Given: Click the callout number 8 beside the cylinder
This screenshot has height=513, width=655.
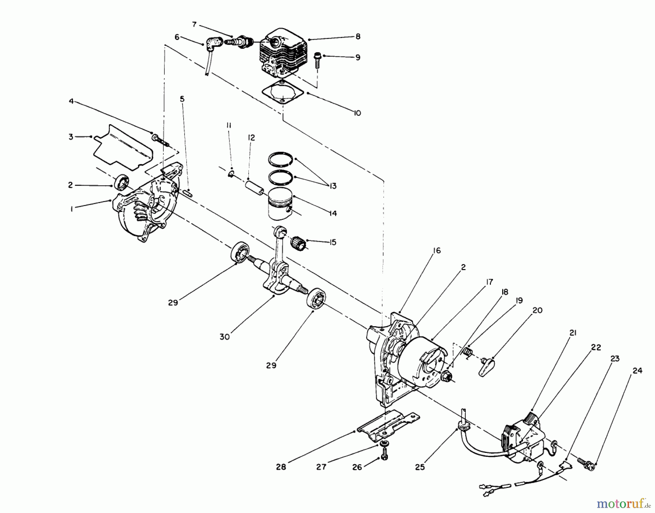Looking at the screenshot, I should point(358,36).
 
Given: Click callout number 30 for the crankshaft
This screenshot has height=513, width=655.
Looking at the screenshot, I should point(225,337).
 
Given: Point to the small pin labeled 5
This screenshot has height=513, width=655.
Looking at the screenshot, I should point(188,193).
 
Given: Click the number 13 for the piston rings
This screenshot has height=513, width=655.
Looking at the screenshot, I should point(332,186).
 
